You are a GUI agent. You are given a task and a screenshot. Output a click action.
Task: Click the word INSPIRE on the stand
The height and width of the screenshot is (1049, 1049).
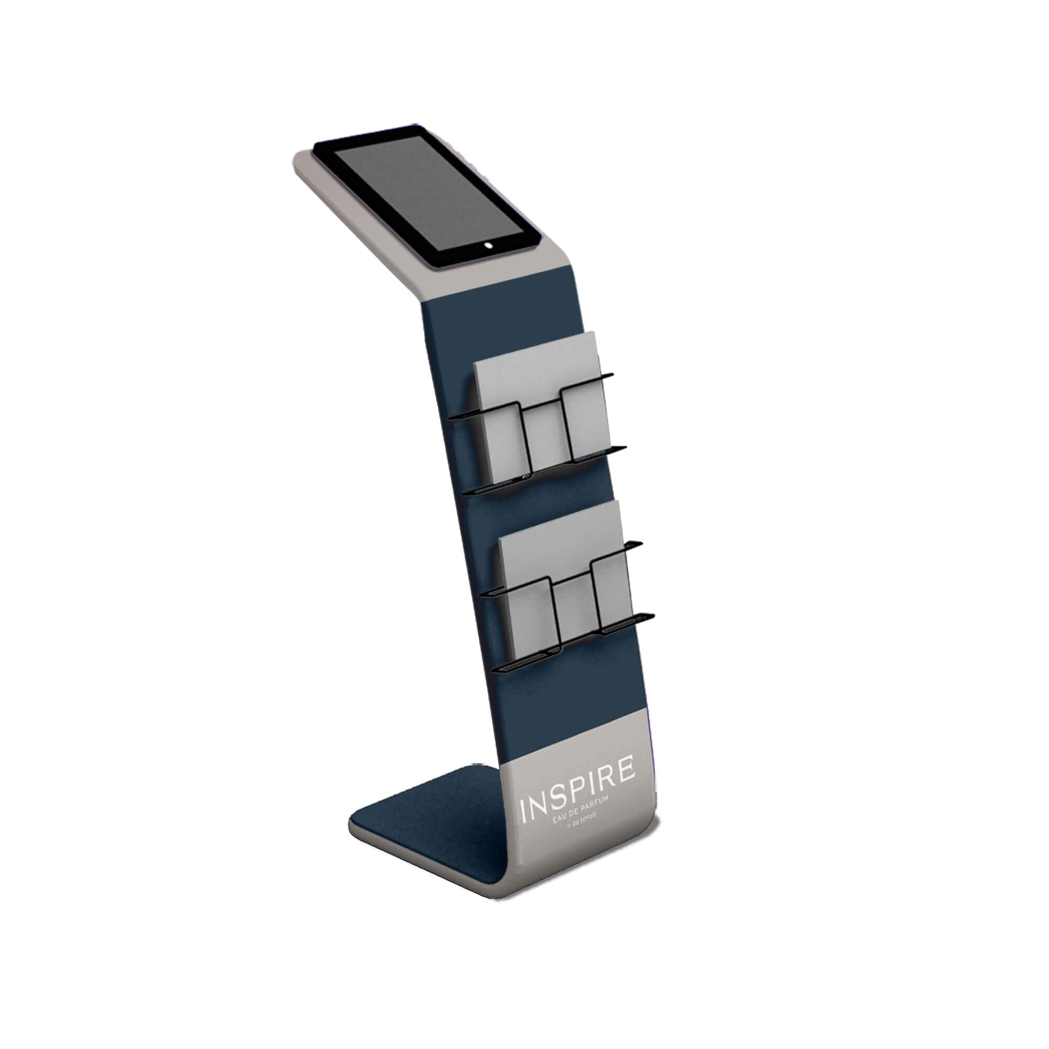(x=577, y=790)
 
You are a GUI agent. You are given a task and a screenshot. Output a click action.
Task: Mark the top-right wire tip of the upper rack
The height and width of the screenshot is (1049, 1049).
(x=611, y=374)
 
